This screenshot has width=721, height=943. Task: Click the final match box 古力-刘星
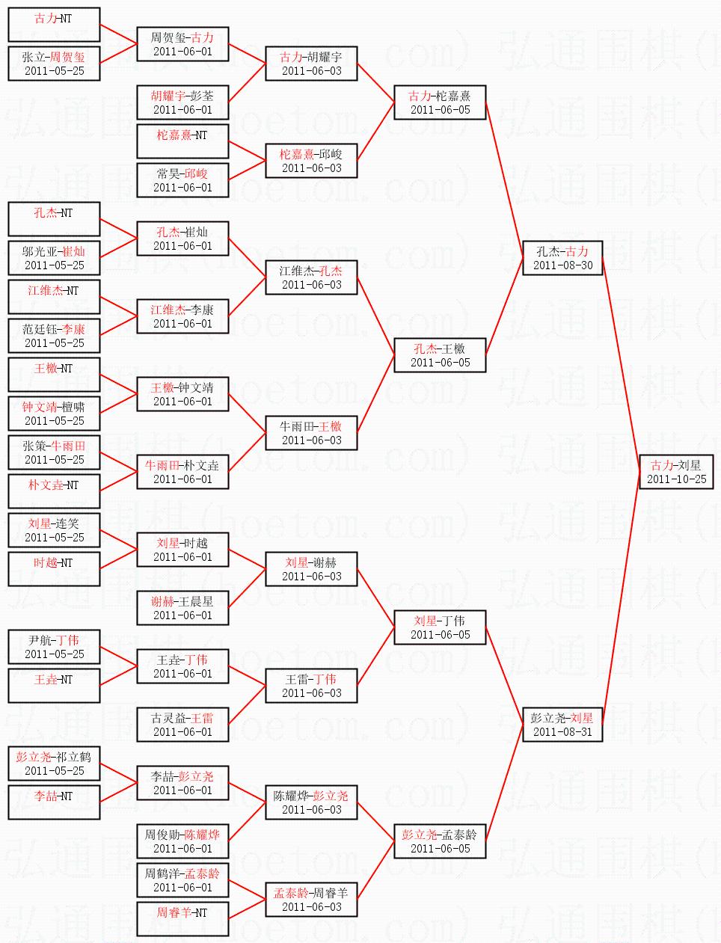676,472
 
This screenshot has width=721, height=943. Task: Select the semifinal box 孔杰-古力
562,258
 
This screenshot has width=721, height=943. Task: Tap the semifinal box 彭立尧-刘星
562,725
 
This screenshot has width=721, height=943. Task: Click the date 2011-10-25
677,479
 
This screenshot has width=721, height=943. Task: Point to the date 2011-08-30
563,265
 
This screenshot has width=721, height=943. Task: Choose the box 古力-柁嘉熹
440,102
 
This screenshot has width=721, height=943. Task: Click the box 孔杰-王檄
440,355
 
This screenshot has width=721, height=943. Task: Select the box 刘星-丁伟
440,627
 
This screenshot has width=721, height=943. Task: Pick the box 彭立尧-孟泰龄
440,841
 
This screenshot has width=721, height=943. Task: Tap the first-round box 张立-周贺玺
54,64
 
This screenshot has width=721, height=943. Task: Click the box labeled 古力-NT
54,25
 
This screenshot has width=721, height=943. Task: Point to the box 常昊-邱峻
182,180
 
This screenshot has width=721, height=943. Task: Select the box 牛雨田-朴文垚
182,472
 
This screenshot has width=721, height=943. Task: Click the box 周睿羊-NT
182,919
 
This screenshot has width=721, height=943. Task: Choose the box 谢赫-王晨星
182,608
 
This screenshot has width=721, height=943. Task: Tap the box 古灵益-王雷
182,725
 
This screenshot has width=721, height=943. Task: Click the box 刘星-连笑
54,530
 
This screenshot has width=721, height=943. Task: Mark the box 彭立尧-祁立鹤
54,764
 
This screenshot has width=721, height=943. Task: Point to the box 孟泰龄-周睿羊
312,900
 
